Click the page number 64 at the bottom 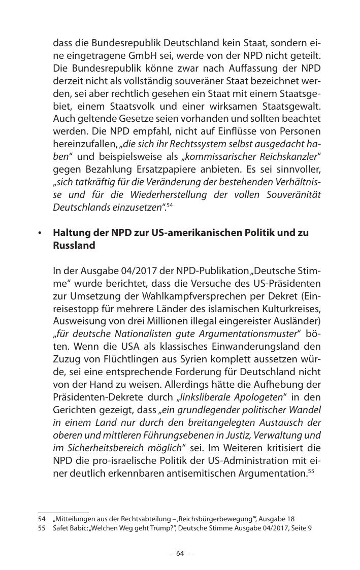180,554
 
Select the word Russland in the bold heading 74,246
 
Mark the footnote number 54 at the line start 42,519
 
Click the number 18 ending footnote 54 291,519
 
